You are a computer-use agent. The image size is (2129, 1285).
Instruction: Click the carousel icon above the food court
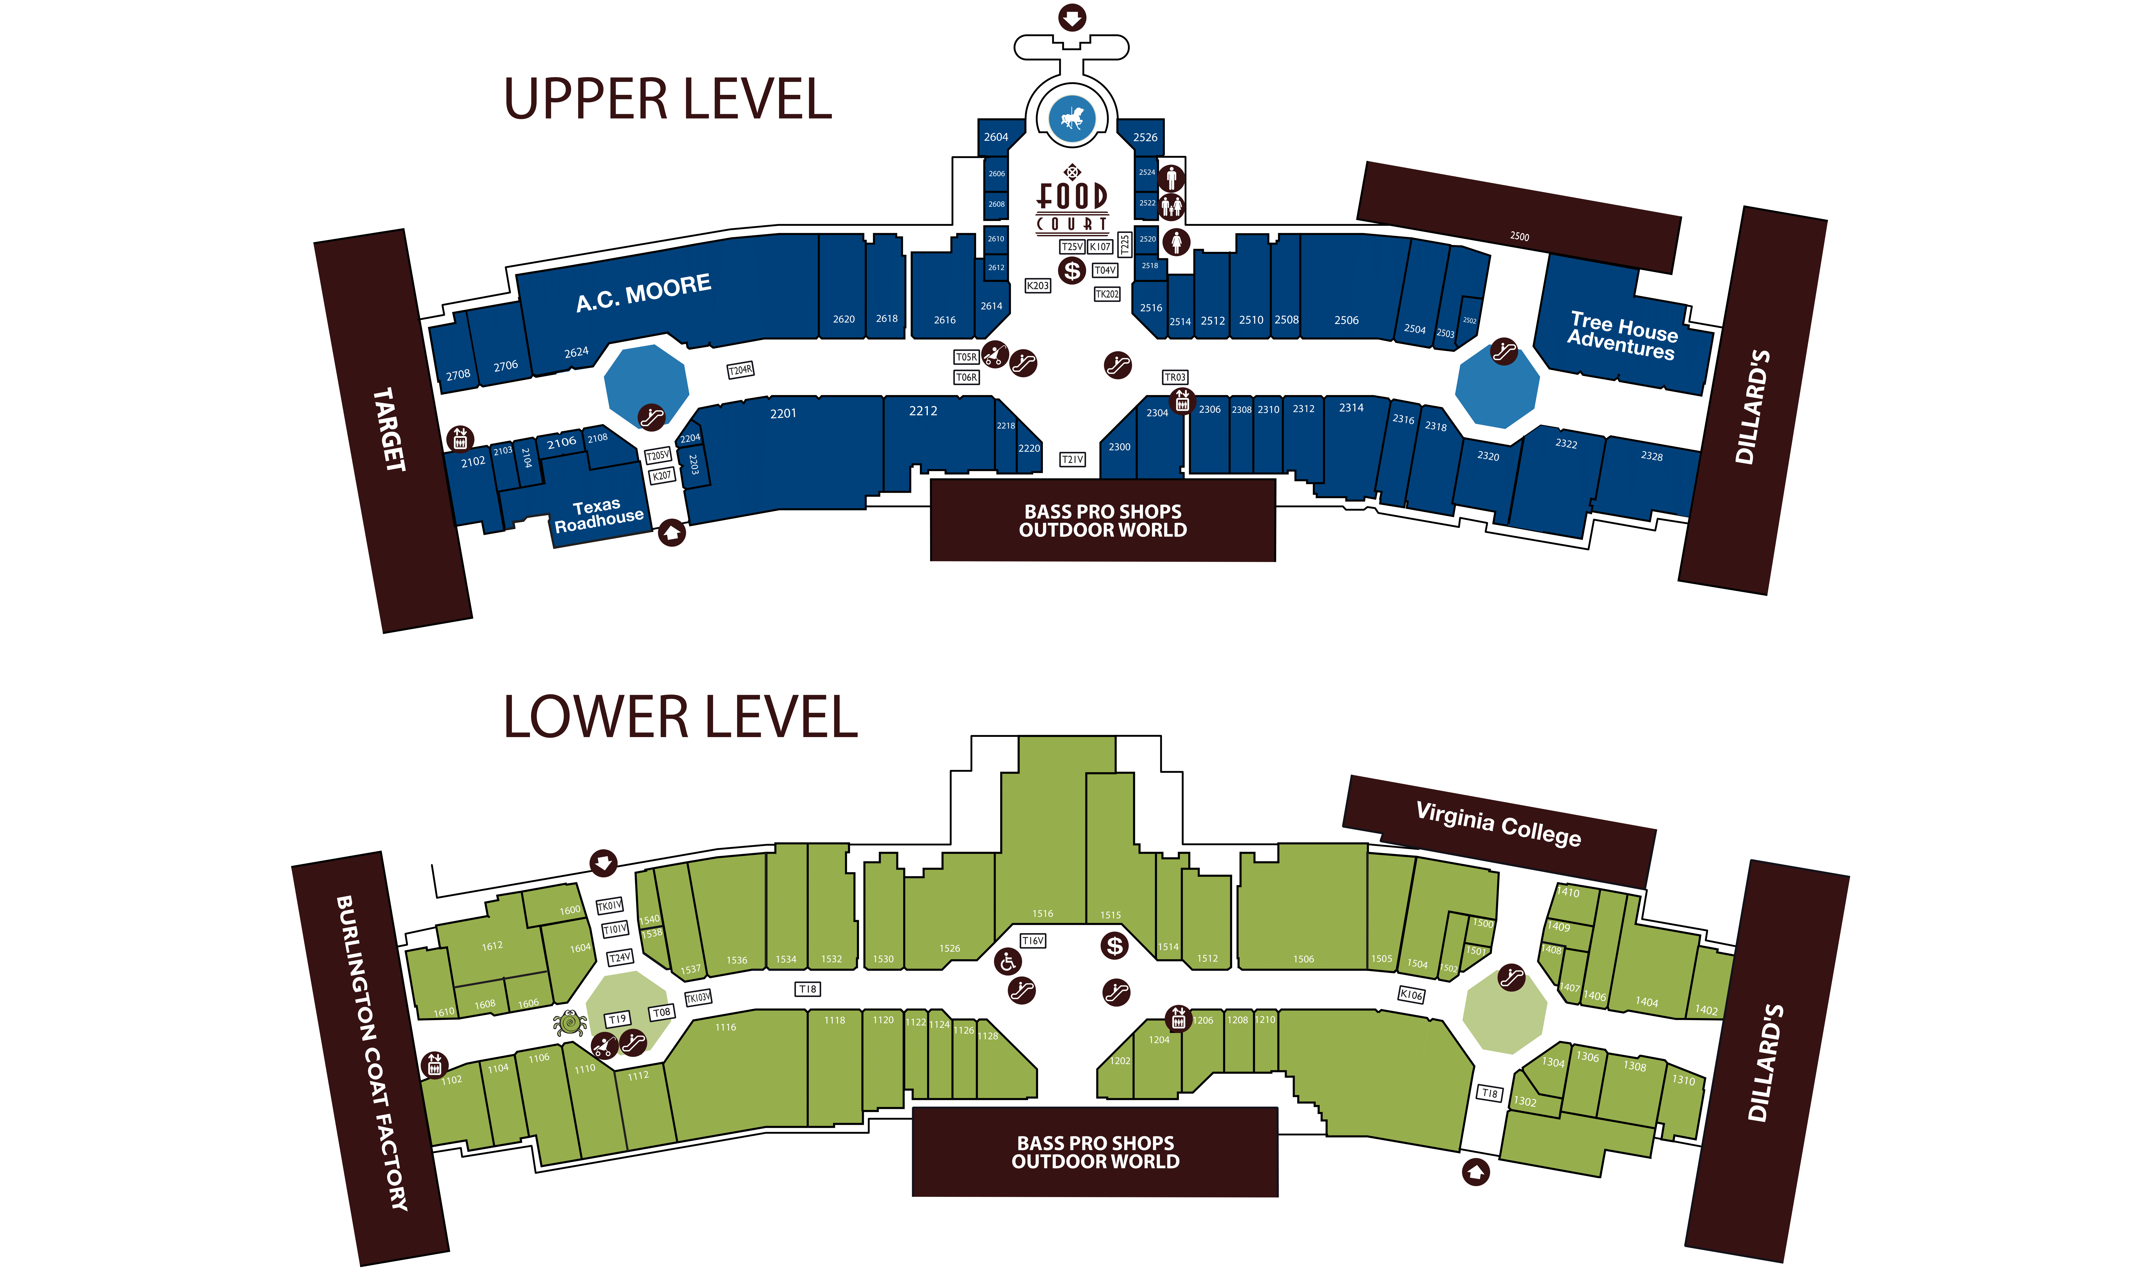[1071, 118]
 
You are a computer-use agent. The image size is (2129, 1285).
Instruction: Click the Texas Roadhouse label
[598, 515]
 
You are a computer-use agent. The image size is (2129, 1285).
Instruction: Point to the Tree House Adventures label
[1623, 335]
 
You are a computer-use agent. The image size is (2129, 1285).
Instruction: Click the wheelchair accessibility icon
[1007, 961]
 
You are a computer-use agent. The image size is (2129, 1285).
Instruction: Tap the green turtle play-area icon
[569, 1023]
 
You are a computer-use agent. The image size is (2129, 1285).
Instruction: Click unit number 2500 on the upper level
[1519, 236]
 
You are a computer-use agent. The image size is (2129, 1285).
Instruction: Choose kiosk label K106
[1411, 995]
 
